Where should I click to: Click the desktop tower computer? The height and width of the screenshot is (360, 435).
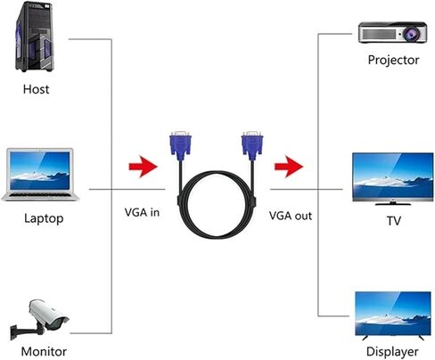[35, 37]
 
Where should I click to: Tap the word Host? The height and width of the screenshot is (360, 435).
[36, 89]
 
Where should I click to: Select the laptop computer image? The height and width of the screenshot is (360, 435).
[41, 175]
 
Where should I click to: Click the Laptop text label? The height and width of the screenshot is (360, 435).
[44, 218]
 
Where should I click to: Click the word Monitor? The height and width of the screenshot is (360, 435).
[44, 351]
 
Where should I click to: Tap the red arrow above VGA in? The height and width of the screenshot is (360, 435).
[143, 167]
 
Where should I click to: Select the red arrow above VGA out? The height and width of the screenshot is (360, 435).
[289, 167]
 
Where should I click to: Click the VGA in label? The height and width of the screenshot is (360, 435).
[142, 212]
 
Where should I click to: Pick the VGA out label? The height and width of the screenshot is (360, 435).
[291, 216]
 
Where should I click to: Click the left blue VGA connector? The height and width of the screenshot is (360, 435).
[180, 145]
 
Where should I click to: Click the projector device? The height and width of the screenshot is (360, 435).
[392, 32]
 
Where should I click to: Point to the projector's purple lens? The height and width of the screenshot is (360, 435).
[412, 34]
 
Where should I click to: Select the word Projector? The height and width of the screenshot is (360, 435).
[393, 60]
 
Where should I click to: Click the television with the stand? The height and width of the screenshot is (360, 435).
[392, 179]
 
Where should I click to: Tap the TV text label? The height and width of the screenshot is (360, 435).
[394, 220]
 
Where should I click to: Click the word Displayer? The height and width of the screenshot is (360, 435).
[392, 352]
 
